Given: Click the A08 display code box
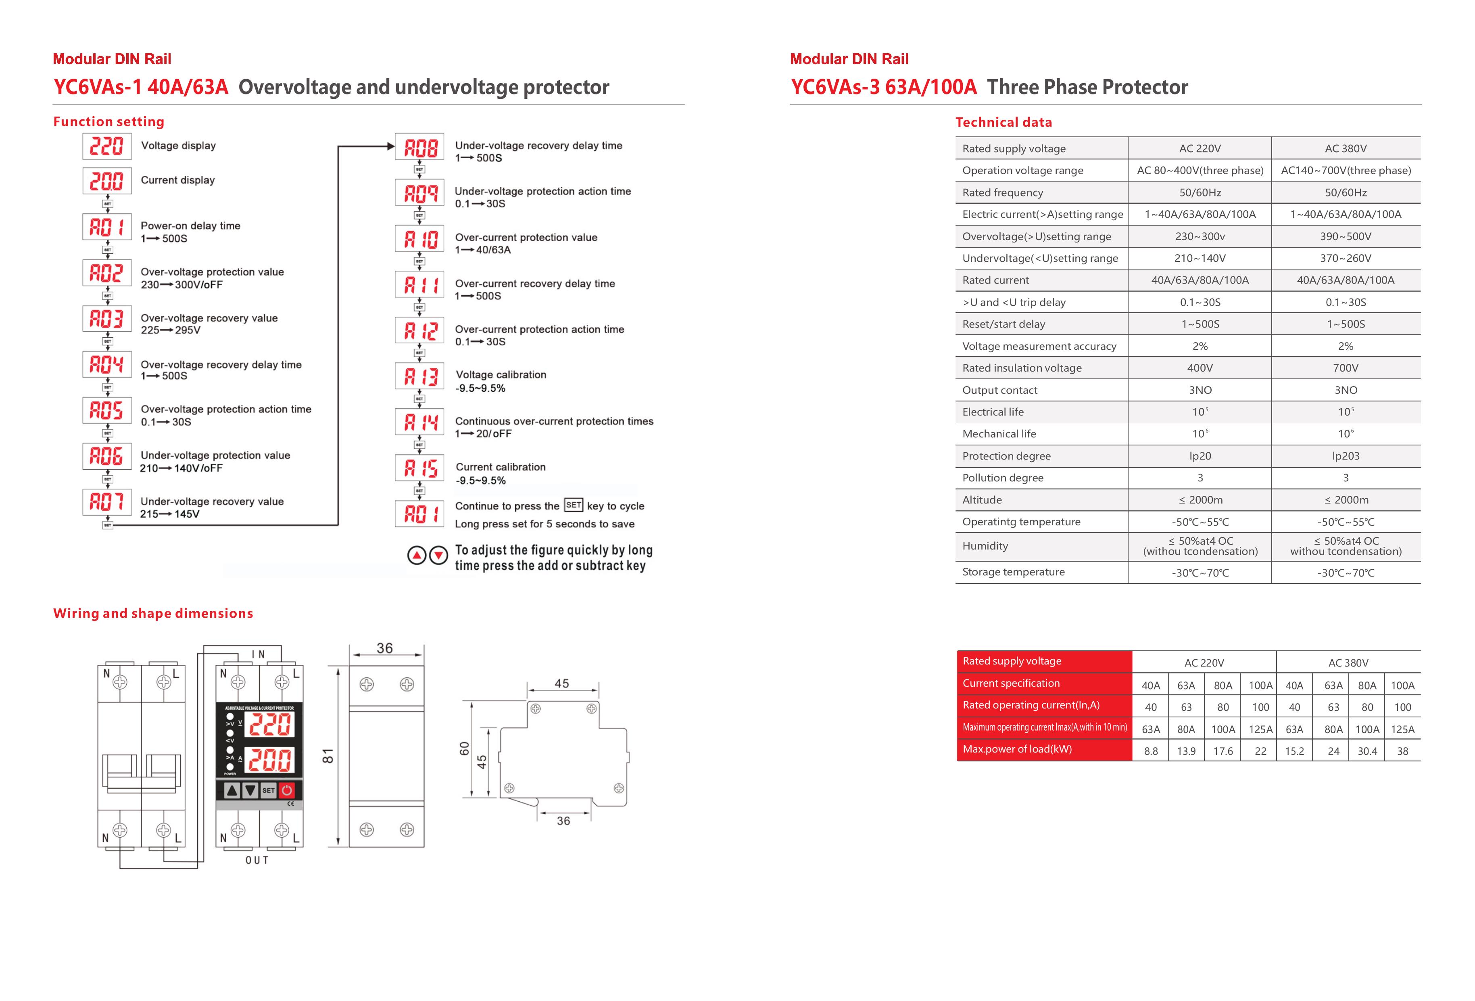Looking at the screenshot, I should [x=419, y=147].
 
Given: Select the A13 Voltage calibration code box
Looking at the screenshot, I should [x=419, y=376].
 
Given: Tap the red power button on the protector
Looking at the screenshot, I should [x=287, y=790].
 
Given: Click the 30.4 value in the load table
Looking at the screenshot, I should [x=1367, y=751].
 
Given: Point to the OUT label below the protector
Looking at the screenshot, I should [x=257, y=860].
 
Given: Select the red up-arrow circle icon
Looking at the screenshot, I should [x=416, y=556].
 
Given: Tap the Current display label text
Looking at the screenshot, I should [x=178, y=180].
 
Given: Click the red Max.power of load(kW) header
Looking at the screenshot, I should [x=1017, y=749].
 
